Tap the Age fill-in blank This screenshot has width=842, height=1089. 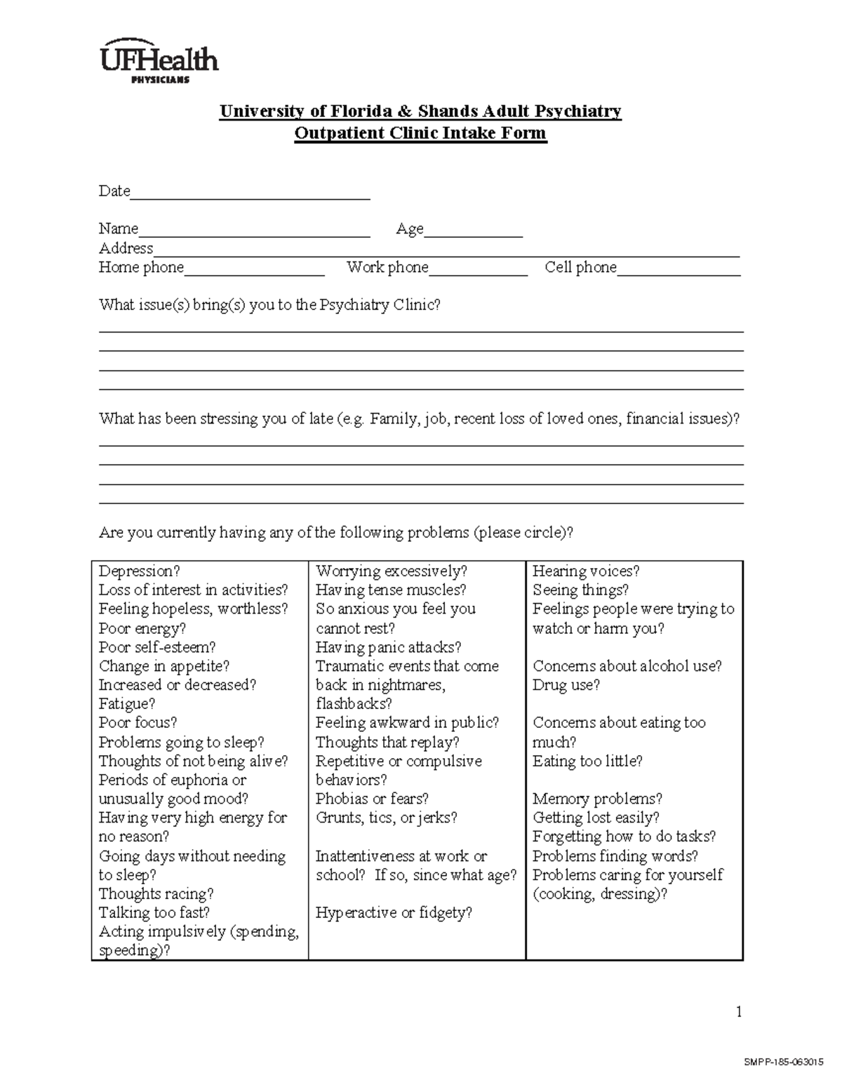tap(473, 232)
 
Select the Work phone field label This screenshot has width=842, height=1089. tap(387, 267)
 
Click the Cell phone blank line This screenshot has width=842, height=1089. tap(679, 271)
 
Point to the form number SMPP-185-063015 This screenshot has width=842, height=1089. tap(783, 1062)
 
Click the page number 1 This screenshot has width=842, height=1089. tap(738, 1011)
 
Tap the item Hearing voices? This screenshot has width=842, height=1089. tap(586, 571)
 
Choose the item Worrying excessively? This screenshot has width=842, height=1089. tap(392, 571)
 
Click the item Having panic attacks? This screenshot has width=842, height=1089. tap(388, 647)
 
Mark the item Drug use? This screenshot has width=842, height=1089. tap(566, 685)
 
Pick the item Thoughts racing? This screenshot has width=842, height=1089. tap(156, 894)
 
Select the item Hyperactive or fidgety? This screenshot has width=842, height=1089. tap(394, 913)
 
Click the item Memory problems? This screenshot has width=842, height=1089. tap(597, 799)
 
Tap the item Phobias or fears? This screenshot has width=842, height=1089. tap(372, 799)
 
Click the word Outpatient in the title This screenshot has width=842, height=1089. tap(338, 133)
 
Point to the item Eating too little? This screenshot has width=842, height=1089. tap(587, 761)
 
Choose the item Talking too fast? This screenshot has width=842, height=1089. tap(154, 913)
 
